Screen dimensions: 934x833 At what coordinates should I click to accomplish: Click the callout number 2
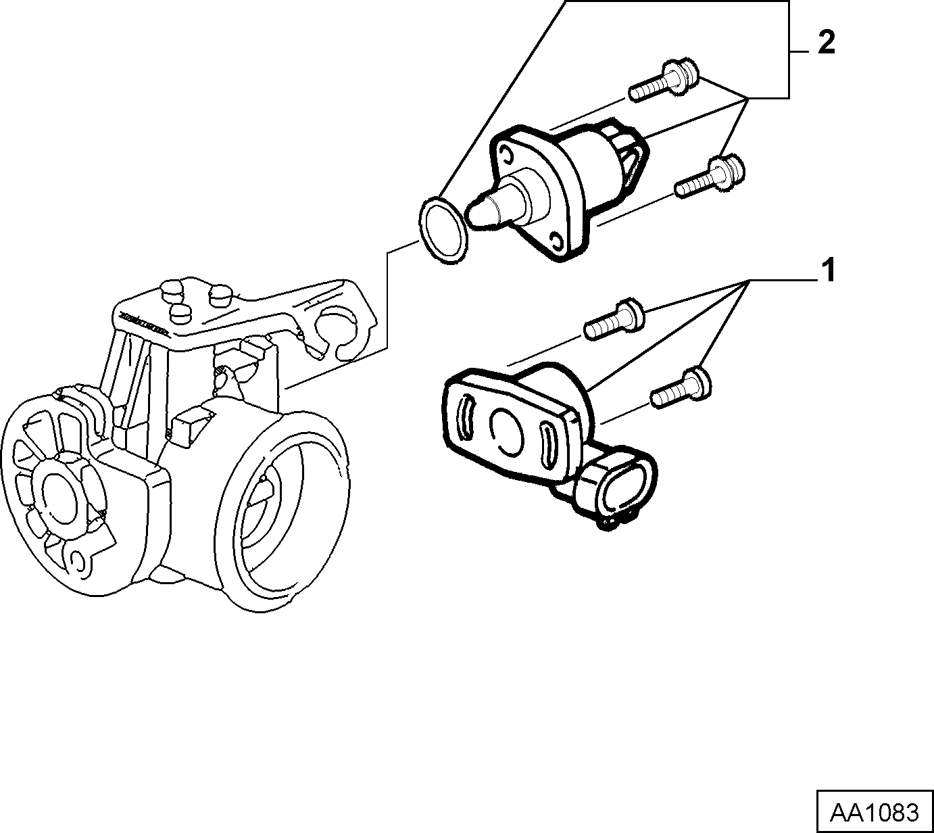[x=826, y=44]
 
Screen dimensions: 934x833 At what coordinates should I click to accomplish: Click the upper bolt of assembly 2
[x=663, y=83]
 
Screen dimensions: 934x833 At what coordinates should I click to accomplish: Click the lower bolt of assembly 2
[x=709, y=176]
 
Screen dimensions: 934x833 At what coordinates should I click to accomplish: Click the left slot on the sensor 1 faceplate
[x=465, y=416]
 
